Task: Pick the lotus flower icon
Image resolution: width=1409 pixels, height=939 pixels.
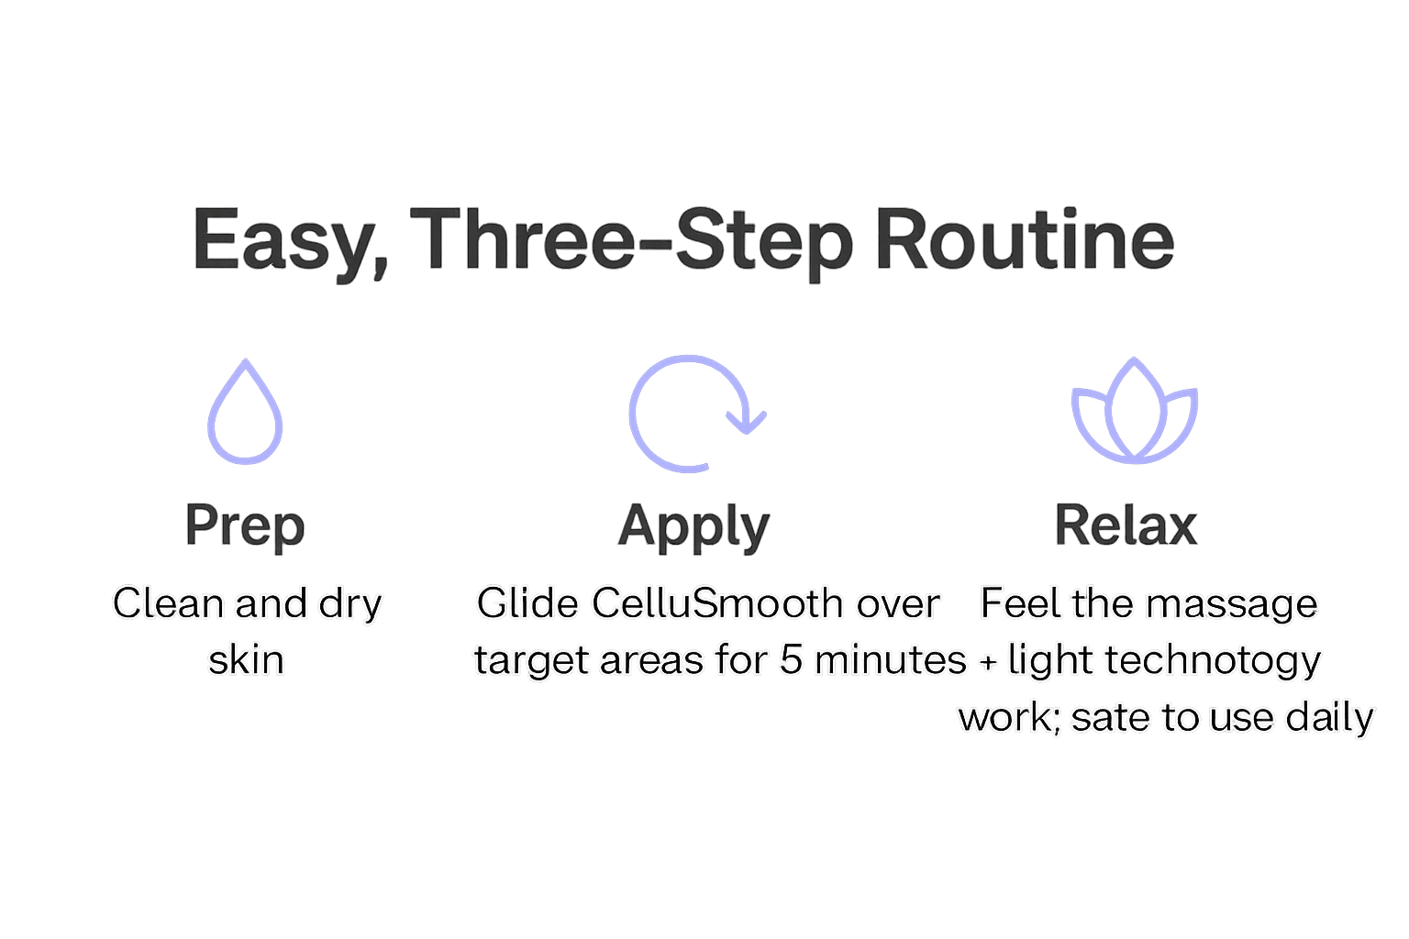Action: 1135,412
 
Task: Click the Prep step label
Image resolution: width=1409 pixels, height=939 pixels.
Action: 245,525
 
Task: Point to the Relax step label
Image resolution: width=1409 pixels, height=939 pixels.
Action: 1126,525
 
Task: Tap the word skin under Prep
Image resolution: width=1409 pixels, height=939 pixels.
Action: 246,659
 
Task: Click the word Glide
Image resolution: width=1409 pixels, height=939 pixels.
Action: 527,603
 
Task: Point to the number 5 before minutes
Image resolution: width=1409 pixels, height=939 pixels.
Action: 791,659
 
